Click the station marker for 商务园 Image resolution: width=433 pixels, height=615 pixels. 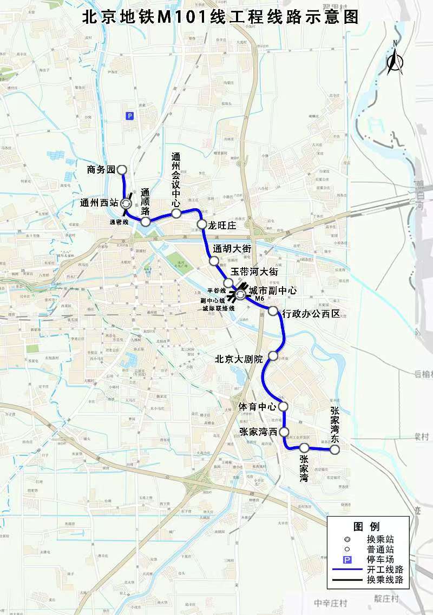click(122, 170)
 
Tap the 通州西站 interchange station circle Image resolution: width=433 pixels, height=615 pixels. click(126, 204)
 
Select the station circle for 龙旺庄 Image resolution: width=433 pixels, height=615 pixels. click(201, 224)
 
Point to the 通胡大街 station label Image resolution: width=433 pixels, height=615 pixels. click(232, 249)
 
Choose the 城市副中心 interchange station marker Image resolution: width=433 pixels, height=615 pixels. click(240, 295)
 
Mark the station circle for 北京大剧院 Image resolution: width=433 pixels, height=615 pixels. click(273, 355)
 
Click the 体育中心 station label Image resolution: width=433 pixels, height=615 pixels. click(257, 406)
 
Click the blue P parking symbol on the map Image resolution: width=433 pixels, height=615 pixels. click(129, 115)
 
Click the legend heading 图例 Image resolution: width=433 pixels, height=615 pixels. click(366, 527)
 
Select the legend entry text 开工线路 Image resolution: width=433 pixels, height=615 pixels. click(385, 570)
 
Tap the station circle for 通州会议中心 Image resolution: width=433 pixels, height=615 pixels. click(176, 213)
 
